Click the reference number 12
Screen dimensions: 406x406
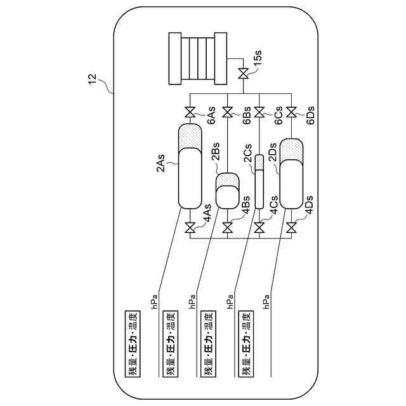point(93,79)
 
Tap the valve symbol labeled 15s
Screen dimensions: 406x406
point(243,74)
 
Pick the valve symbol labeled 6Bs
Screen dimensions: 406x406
point(228,114)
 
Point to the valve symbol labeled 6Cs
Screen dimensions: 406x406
point(259,114)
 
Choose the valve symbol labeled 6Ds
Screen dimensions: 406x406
point(291,114)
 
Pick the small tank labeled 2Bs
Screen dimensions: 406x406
point(228,190)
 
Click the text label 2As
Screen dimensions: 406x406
point(161,163)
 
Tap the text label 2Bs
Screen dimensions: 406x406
point(215,154)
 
